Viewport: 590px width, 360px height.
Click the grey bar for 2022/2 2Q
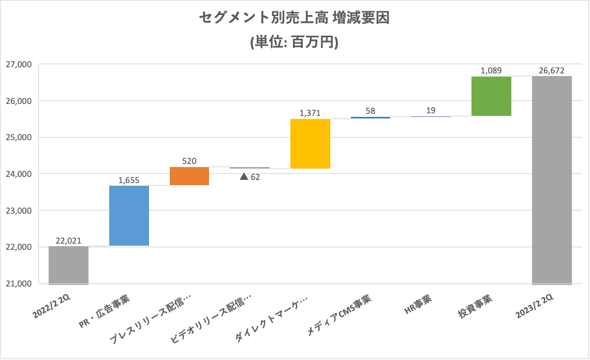[x=68, y=265]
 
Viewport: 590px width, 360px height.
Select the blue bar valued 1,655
[x=129, y=216]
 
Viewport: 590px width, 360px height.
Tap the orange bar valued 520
[x=189, y=176]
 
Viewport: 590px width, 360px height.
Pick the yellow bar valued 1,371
[x=311, y=144]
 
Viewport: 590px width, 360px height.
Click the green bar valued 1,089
[x=492, y=96]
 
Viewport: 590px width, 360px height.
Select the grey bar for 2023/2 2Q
[x=552, y=180]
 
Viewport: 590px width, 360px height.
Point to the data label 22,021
[x=68, y=241]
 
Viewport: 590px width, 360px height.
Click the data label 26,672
[x=552, y=70]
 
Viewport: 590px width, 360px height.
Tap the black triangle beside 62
[x=243, y=177]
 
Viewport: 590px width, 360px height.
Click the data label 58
[x=371, y=111]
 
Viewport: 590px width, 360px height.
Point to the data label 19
[x=431, y=110]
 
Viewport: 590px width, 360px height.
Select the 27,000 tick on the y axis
[x=19, y=65]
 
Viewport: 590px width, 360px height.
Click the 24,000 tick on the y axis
[x=19, y=174]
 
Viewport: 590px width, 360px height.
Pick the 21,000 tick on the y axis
[x=19, y=284]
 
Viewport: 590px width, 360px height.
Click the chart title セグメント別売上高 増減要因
[x=294, y=19]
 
